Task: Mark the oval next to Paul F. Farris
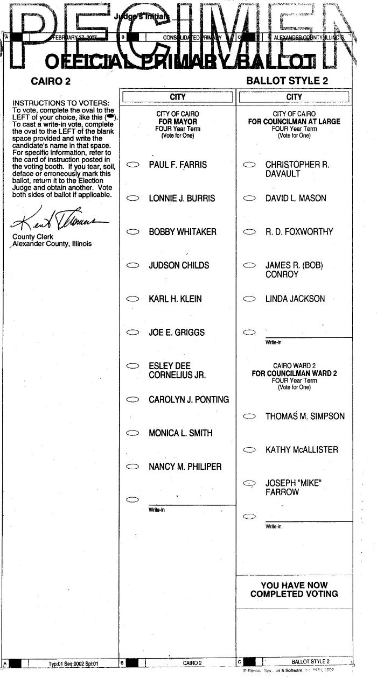click(132, 165)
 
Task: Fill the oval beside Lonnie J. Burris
click(132, 199)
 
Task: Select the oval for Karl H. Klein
click(132, 299)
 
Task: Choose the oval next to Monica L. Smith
click(132, 433)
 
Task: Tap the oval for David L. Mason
click(249, 199)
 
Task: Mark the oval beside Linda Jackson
click(249, 299)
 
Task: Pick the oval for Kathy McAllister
click(249, 450)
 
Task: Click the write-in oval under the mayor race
click(132, 500)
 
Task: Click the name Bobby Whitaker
click(183, 232)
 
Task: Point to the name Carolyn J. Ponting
click(188, 400)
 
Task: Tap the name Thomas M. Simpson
click(305, 416)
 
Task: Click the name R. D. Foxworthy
click(299, 232)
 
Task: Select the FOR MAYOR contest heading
click(177, 122)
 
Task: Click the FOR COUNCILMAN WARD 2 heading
click(294, 373)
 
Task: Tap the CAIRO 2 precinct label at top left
click(51, 82)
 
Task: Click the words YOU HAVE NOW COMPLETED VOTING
click(294, 590)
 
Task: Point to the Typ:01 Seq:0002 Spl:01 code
click(74, 663)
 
